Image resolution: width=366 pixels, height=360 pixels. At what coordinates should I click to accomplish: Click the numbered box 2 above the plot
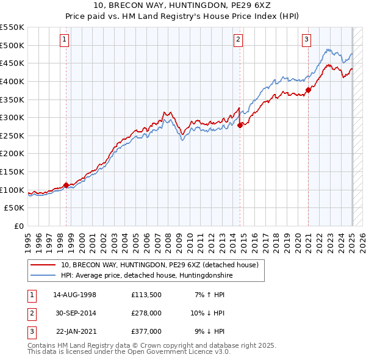click(x=238, y=40)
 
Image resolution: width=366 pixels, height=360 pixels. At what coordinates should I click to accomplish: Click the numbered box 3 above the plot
click(x=306, y=40)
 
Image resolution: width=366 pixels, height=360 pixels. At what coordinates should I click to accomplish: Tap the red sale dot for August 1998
click(x=66, y=185)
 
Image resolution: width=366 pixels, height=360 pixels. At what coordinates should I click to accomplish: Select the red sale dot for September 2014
click(x=240, y=125)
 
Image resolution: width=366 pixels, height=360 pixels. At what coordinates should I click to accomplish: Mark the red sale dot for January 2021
click(x=308, y=90)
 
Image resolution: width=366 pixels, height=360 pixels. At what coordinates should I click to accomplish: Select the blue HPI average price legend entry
click(x=146, y=276)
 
